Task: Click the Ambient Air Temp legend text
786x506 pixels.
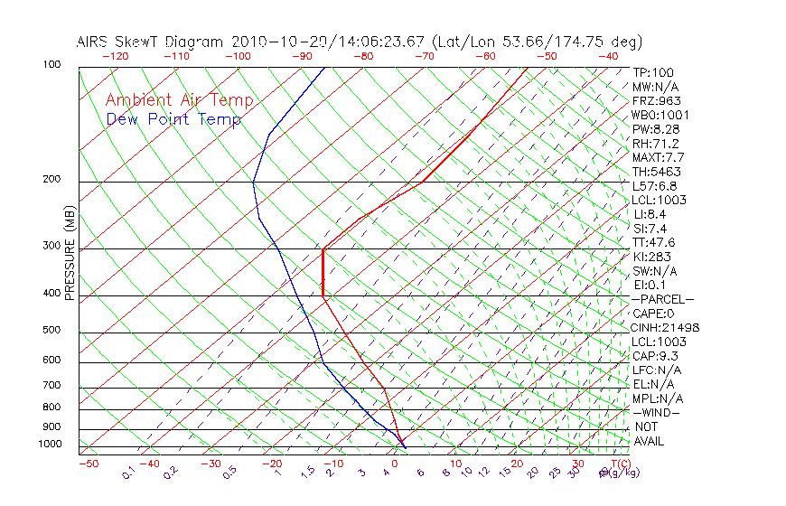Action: pyautogui.click(x=179, y=100)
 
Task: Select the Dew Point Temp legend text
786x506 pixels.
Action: pyautogui.click(x=173, y=119)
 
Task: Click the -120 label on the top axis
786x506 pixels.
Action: pyautogui.click(x=115, y=56)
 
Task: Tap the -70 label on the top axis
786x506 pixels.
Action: pyautogui.click(x=426, y=56)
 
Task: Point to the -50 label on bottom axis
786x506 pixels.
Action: pyautogui.click(x=88, y=464)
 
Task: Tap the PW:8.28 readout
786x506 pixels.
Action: pyautogui.click(x=655, y=129)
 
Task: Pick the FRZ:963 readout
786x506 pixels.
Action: pyautogui.click(x=657, y=100)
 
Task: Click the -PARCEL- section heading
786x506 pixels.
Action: pyautogui.click(x=662, y=299)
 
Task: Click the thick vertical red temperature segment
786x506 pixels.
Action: pyautogui.click(x=323, y=272)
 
